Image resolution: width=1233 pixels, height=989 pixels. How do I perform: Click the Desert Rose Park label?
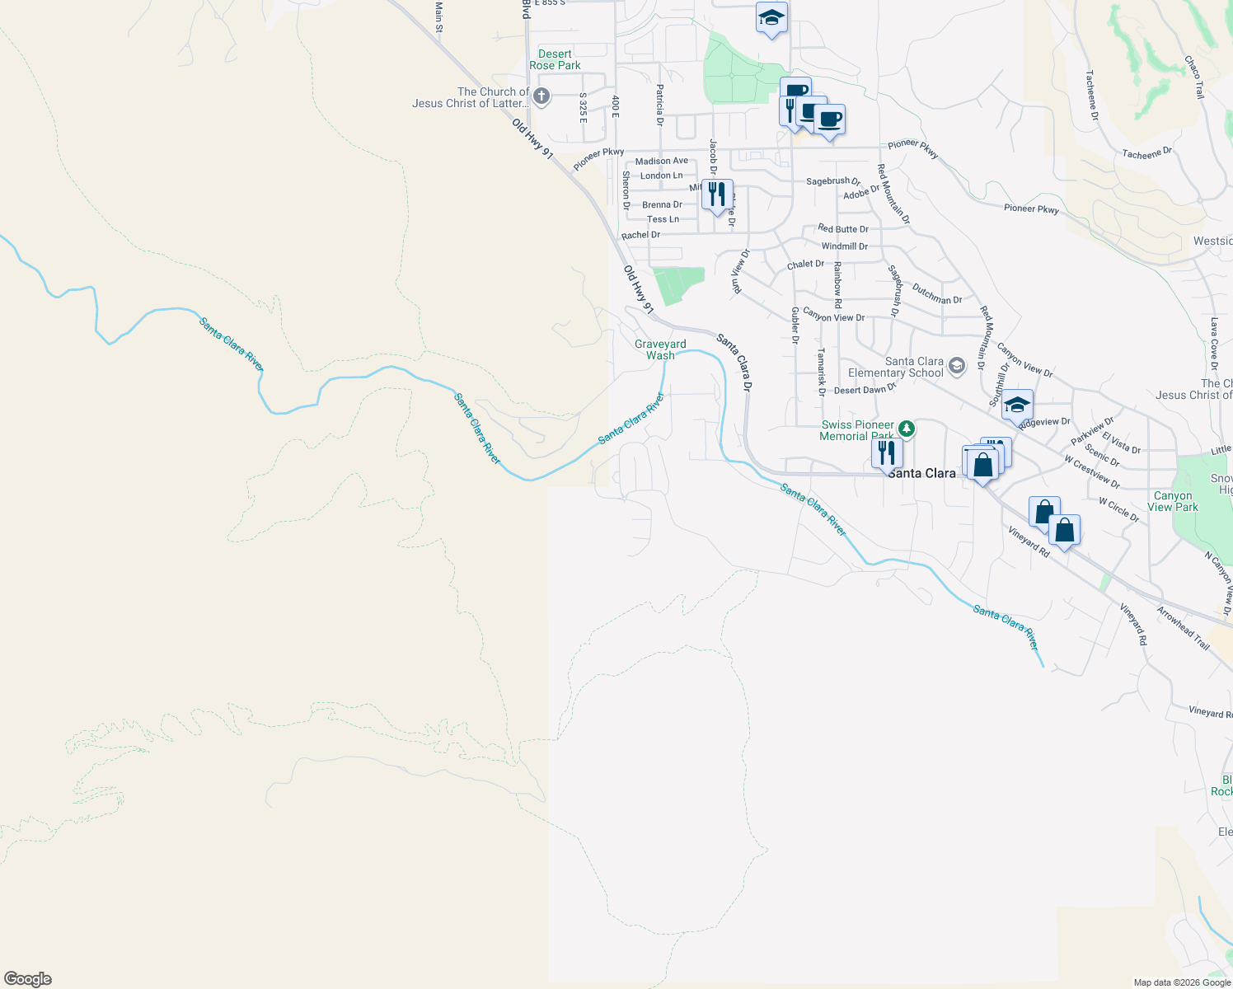tap(555, 59)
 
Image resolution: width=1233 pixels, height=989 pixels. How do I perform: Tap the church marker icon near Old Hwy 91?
tap(541, 97)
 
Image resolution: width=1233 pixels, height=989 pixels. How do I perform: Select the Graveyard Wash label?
tap(660, 349)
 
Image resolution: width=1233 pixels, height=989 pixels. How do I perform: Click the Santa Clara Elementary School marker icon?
tap(957, 366)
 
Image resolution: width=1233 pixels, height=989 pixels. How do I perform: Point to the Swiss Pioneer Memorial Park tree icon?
tap(907, 429)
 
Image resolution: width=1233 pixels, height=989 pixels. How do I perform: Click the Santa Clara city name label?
tap(921, 473)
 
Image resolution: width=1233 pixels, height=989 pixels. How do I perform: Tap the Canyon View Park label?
tap(1173, 501)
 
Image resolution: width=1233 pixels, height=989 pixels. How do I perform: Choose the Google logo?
tap(28, 979)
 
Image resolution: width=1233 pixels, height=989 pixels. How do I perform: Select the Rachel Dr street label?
tap(640, 235)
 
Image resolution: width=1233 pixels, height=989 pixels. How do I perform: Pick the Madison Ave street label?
tap(661, 162)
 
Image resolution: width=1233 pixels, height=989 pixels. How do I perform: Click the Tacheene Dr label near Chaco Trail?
tap(1146, 153)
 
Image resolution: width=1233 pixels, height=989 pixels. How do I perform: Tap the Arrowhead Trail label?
tap(1183, 628)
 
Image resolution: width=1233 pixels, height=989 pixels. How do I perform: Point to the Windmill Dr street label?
tap(844, 246)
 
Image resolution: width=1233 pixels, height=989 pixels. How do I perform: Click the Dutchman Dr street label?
tap(937, 294)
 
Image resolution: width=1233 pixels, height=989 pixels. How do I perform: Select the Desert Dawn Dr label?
tap(865, 390)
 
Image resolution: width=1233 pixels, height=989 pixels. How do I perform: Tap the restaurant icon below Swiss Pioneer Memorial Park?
tap(887, 454)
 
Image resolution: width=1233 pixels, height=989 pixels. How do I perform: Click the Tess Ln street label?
tap(663, 219)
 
